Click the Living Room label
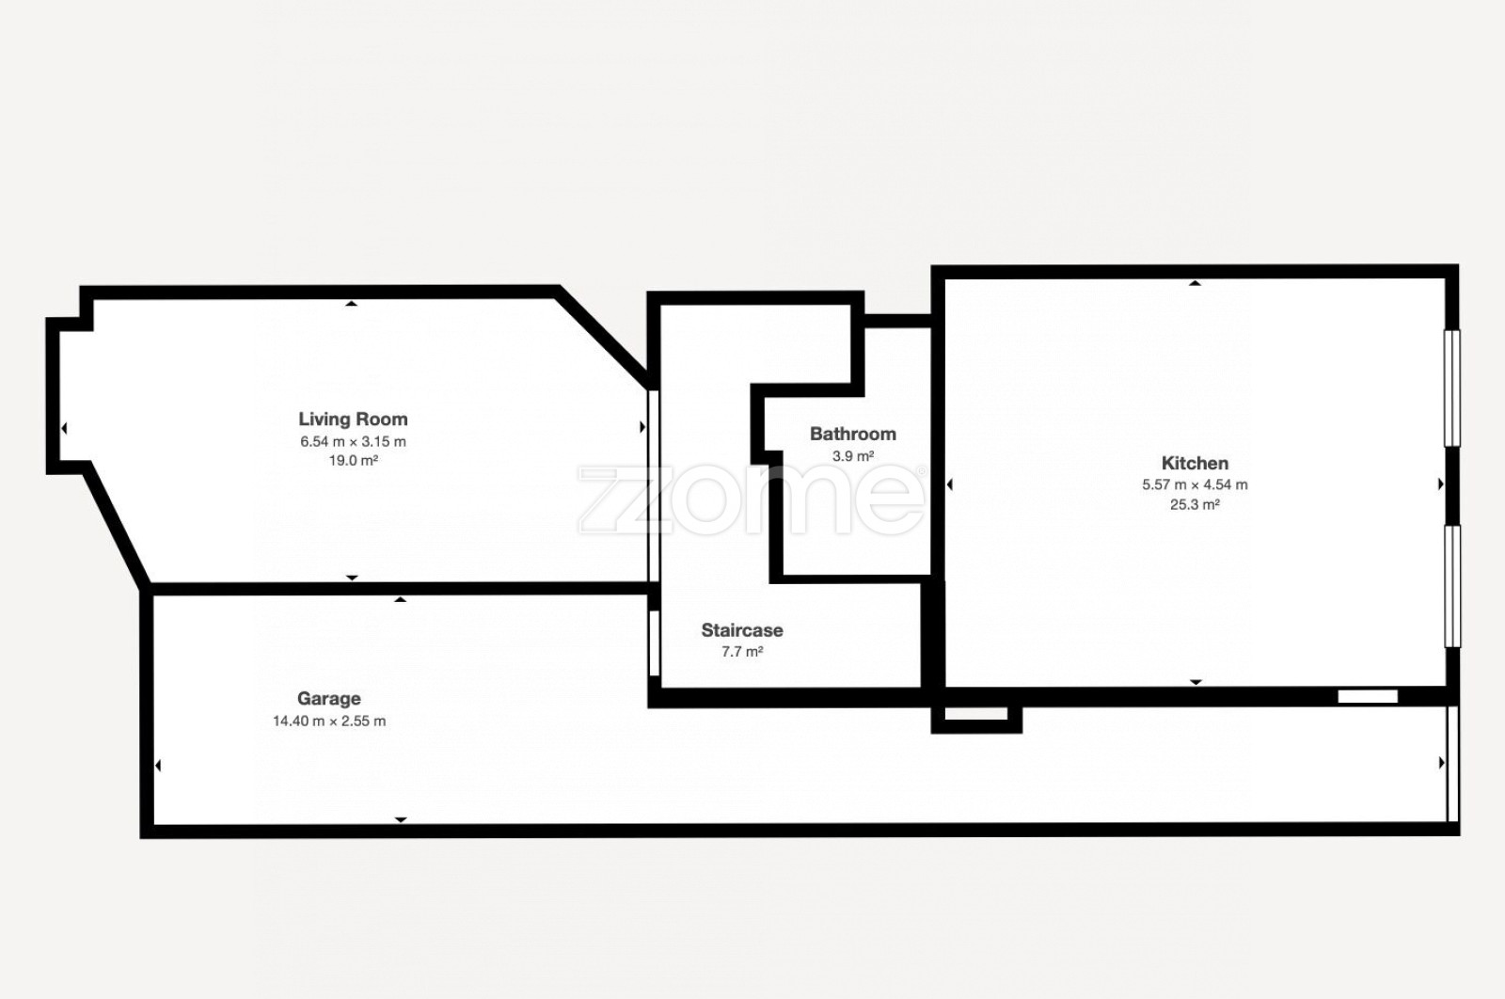pyautogui.click(x=353, y=420)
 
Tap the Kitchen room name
pyautogui.click(x=1195, y=463)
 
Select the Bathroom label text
pyautogui.click(x=852, y=434)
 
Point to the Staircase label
pyautogui.click(x=742, y=630)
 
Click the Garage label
pyautogui.click(x=328, y=699)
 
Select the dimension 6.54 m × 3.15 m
pyautogui.click(x=353, y=441)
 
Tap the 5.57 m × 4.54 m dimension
pyautogui.click(x=1195, y=484)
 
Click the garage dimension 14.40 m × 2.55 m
pyautogui.click(x=328, y=721)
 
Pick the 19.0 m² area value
pyautogui.click(x=353, y=460)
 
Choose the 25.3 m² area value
pyautogui.click(x=1195, y=504)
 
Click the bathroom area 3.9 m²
pyautogui.click(x=852, y=456)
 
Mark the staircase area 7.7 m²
pyautogui.click(x=742, y=652)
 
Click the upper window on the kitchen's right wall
pyautogui.click(x=1452, y=388)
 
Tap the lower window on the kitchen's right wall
pyautogui.click(x=1452, y=586)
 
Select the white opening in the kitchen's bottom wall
pyautogui.click(x=1368, y=697)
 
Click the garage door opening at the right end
pyautogui.click(x=1452, y=763)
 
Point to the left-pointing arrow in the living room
pyautogui.click(x=64, y=428)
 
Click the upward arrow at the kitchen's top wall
pyautogui.click(x=1195, y=283)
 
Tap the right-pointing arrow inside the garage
pyautogui.click(x=1441, y=763)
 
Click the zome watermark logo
pyautogui.click(x=751, y=500)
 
